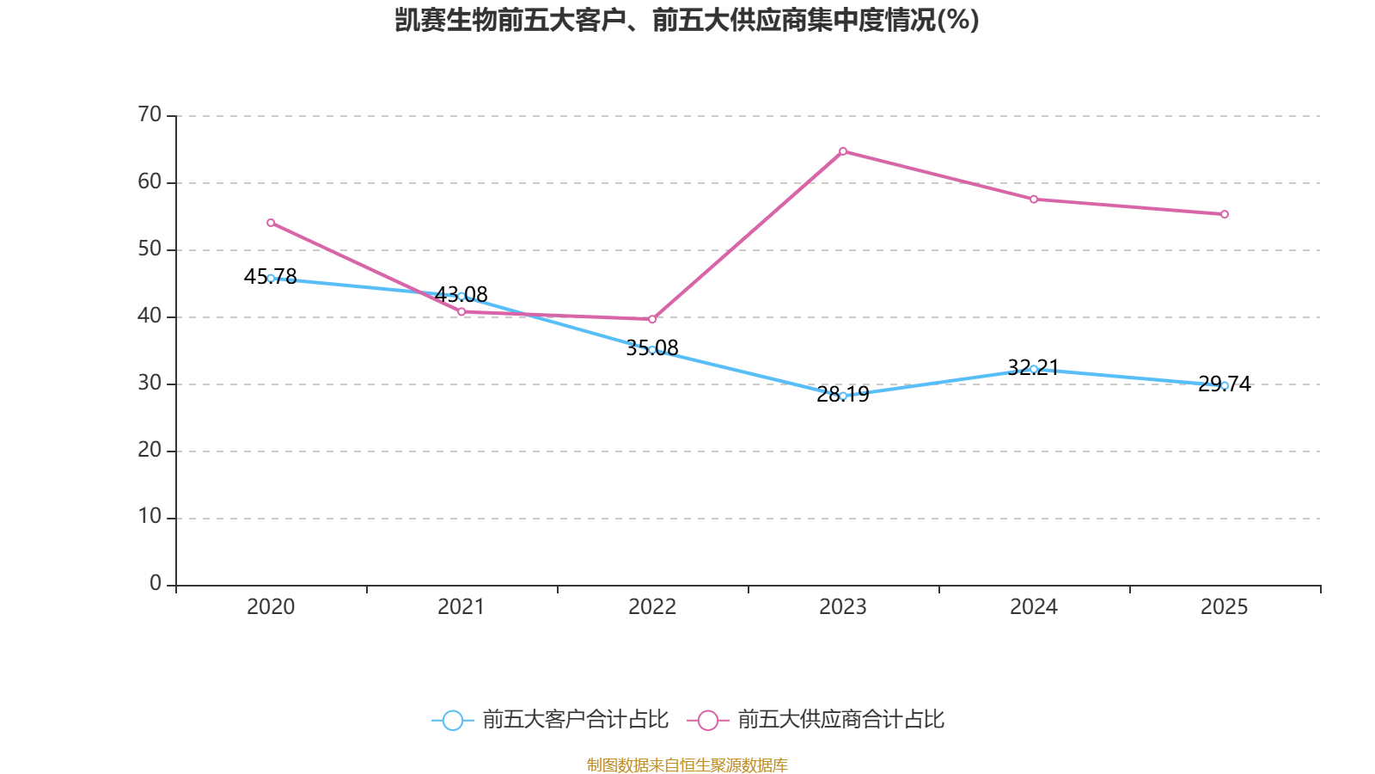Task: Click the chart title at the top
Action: [x=687, y=20]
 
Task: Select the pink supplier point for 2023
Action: [x=843, y=151]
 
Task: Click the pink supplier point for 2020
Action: [x=271, y=223]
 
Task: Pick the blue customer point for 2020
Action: [x=271, y=278]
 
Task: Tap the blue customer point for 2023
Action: [x=843, y=396]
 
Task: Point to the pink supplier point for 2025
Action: [x=1225, y=214]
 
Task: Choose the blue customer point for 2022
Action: [x=652, y=350]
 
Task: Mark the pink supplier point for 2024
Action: [x=1034, y=200]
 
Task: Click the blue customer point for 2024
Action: [x=1034, y=369]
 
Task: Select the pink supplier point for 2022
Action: [x=652, y=319]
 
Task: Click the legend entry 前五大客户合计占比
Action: [x=550, y=720]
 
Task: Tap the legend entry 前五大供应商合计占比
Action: [x=816, y=720]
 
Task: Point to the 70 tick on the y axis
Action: [x=150, y=114]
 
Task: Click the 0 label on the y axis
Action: [x=156, y=584]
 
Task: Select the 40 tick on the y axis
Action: [x=150, y=316]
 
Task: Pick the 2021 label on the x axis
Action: [x=461, y=607]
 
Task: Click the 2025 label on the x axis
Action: [x=1224, y=607]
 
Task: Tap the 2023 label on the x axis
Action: [x=843, y=607]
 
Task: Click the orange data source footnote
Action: [x=687, y=765]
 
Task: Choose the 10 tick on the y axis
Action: [x=150, y=517]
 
